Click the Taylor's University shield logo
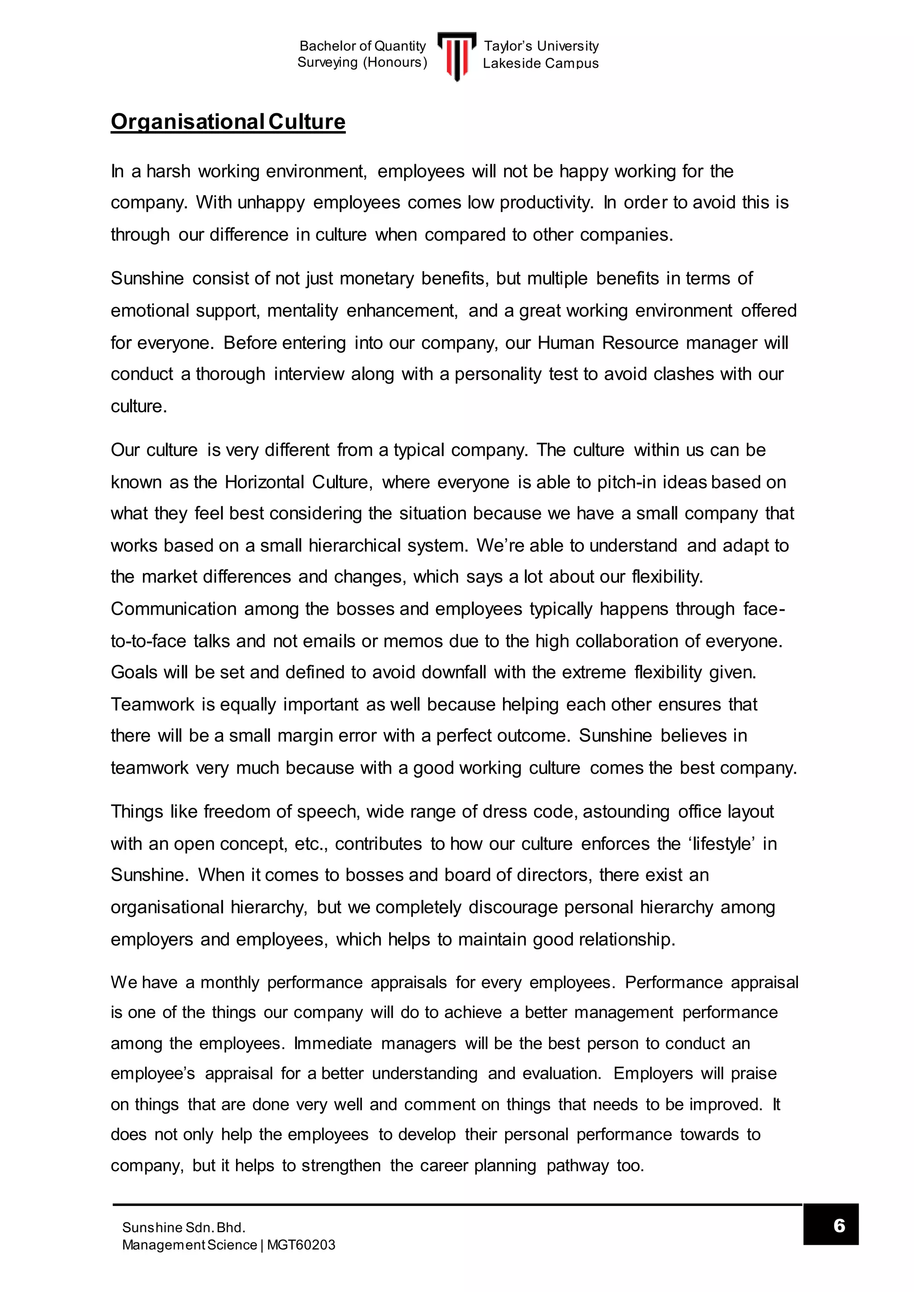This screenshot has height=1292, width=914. (457, 56)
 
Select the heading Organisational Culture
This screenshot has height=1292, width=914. (228, 122)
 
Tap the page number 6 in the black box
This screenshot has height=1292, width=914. (839, 1225)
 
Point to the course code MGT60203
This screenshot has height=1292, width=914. (301, 1245)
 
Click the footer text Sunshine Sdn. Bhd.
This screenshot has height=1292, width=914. (183, 1227)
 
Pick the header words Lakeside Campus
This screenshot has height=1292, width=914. (540, 64)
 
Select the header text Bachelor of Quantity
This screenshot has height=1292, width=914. (362, 46)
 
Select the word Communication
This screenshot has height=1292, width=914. (173, 609)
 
